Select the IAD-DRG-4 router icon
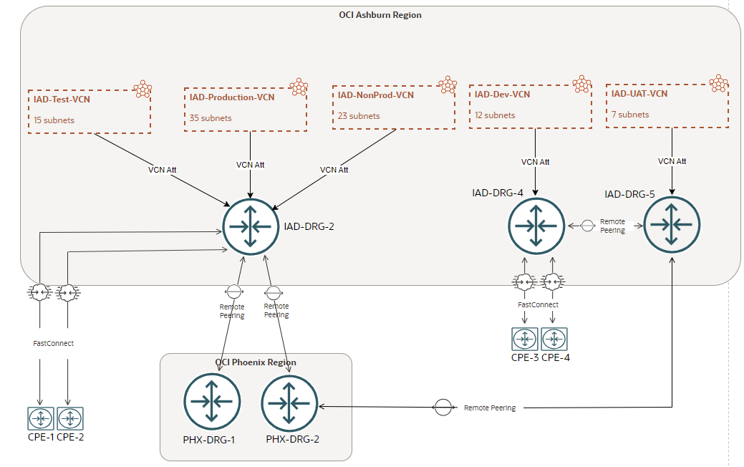pyautogui.click(x=536, y=225)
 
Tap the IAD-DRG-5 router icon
pyautogui.click(x=672, y=224)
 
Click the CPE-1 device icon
pyautogui.click(x=41, y=418)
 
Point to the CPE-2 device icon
pyautogui.click(x=70, y=418)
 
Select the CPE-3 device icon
pyautogui.click(x=524, y=338)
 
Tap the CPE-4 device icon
pyautogui.click(x=554, y=338)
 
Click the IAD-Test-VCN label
pyautogui.click(x=62, y=99)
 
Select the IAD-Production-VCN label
pyautogui.click(x=231, y=97)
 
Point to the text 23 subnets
pyautogui.click(x=359, y=116)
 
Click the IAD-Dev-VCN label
pyautogui.click(x=502, y=95)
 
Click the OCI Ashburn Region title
pyautogui.click(x=380, y=15)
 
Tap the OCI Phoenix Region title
pyautogui.click(x=256, y=362)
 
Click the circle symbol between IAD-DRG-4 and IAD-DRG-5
pyautogui.click(x=586, y=225)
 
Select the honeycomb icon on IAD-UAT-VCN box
pyautogui.click(x=718, y=83)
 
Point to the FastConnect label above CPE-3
pyautogui.click(x=538, y=305)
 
